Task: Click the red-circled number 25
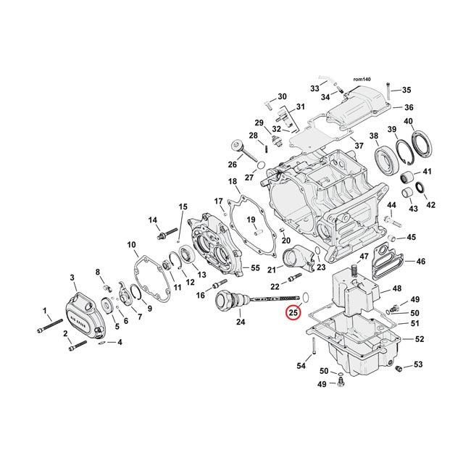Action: [x=293, y=313]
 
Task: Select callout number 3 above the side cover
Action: [x=72, y=278]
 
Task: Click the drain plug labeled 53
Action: [x=398, y=370]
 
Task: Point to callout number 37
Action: [x=359, y=146]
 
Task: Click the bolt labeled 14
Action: [x=165, y=236]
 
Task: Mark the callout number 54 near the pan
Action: [x=301, y=366]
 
